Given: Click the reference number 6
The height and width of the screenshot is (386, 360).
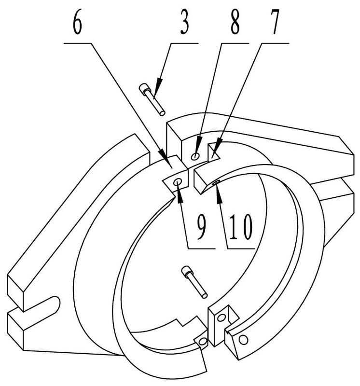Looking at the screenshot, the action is [x=77, y=23].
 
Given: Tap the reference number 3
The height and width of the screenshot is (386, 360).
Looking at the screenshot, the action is [x=185, y=23].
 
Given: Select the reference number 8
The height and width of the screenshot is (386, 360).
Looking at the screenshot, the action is [x=235, y=23].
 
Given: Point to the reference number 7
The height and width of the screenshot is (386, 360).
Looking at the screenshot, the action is [x=275, y=23].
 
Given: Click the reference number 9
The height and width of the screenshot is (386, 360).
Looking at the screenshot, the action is [x=201, y=226].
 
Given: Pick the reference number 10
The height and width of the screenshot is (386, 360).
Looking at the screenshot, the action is [x=241, y=226].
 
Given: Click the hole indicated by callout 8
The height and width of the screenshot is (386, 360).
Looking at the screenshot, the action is [x=195, y=156].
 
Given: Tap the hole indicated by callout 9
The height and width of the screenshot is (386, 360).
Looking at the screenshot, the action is [x=178, y=182].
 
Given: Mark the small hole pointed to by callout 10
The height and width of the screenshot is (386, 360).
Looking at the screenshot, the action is [x=217, y=182].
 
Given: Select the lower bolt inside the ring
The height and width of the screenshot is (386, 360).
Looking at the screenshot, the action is [x=194, y=282].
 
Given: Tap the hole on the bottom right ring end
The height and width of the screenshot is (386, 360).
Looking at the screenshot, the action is [x=243, y=340].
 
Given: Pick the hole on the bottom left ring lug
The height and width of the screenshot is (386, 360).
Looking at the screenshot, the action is [x=203, y=341].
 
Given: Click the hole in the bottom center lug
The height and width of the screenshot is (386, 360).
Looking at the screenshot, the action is [x=221, y=318].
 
